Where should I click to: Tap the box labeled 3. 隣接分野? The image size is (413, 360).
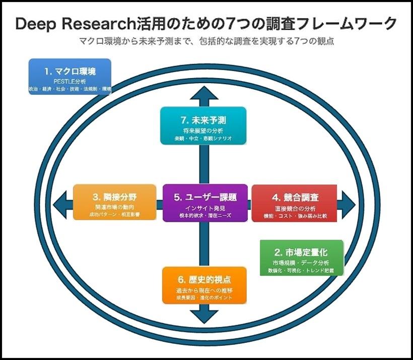pos(114,202)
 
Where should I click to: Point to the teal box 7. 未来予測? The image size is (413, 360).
pos(204,126)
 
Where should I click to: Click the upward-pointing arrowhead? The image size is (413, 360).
pos(204,93)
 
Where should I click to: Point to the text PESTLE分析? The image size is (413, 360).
pos(70,81)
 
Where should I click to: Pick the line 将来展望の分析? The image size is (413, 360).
pos(204,130)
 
